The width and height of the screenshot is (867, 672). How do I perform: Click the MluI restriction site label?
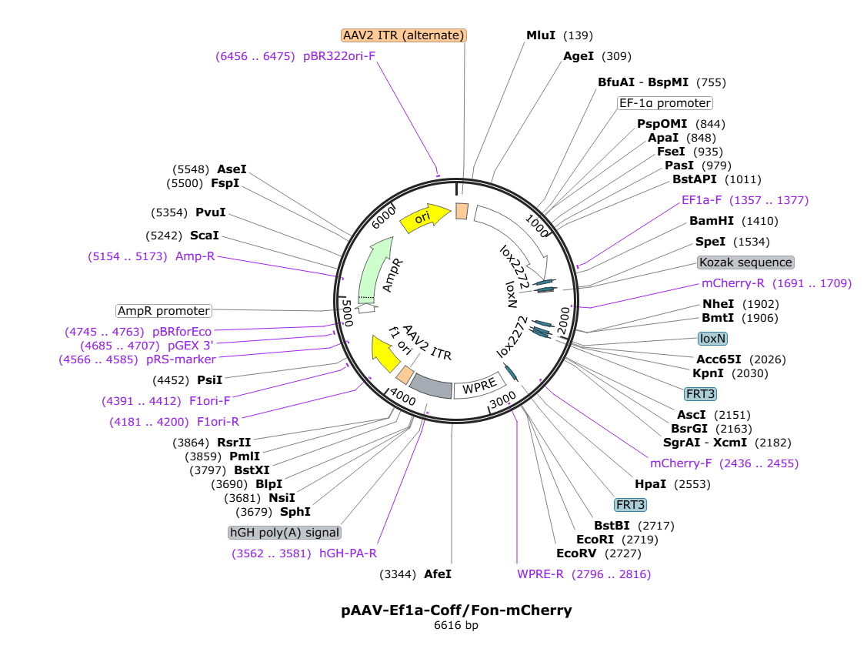[540, 35]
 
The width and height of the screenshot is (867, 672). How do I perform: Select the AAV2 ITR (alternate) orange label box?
[404, 35]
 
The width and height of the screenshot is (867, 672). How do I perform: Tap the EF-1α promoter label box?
[665, 103]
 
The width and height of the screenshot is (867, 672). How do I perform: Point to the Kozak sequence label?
[745, 262]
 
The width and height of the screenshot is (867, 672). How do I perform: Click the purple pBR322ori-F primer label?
[339, 56]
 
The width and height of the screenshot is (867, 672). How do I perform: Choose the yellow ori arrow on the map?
[425, 218]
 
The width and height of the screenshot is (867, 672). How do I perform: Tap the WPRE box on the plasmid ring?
[479, 386]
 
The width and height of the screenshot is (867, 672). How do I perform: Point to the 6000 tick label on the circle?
[383, 217]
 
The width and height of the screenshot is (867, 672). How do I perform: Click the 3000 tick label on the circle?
[503, 400]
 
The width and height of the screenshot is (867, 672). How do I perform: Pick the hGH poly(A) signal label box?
[285, 533]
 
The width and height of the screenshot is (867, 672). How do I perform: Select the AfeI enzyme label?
[438, 574]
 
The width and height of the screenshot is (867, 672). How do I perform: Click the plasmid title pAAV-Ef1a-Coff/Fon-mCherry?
[456, 610]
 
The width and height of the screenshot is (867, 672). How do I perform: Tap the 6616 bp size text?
[456, 626]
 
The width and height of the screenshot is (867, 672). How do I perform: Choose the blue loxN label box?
[712, 339]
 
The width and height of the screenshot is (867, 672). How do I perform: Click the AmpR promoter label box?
[164, 311]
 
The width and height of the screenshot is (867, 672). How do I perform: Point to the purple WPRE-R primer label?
[540, 574]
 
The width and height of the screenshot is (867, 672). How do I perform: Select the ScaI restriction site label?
[204, 236]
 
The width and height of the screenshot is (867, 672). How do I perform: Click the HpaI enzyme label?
[650, 484]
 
